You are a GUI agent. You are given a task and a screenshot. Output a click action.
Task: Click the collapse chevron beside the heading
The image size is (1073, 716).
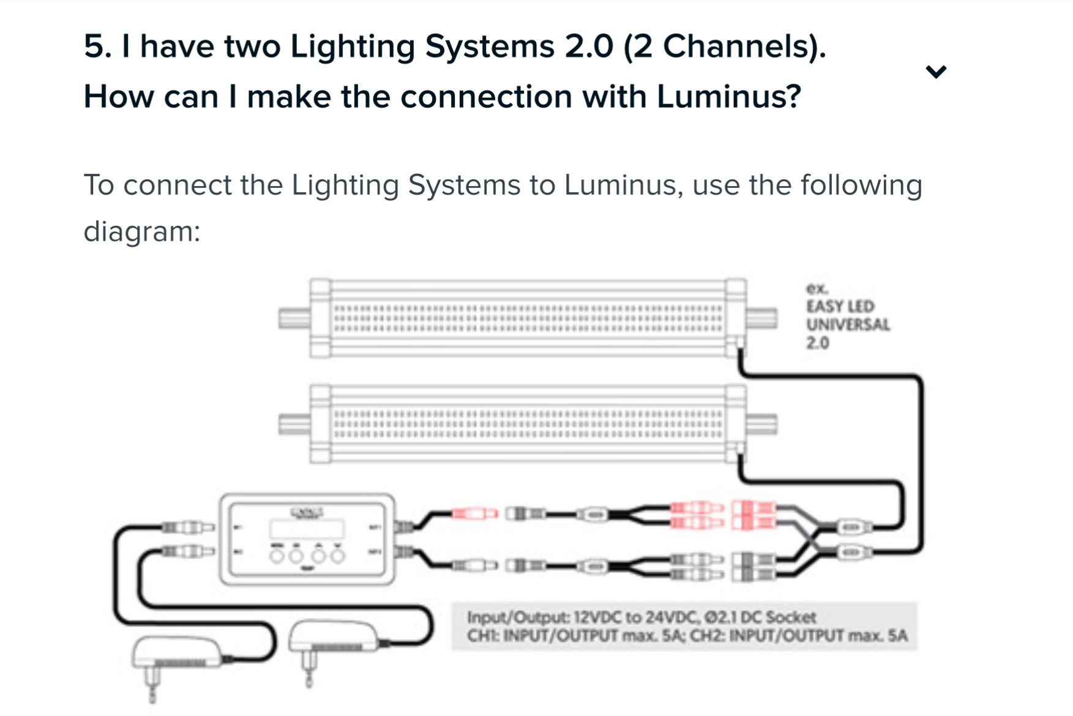[x=936, y=72]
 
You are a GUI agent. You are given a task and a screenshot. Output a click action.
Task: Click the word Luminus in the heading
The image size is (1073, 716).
[x=728, y=97]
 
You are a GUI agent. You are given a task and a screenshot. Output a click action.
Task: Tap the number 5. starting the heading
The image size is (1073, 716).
[x=98, y=47]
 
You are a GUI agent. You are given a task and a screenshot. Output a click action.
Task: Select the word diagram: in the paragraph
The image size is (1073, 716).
[x=142, y=232]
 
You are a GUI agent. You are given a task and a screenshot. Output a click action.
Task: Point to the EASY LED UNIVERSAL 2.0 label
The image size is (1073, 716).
[x=847, y=316]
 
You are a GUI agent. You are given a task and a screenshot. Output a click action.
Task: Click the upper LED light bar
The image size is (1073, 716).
[x=528, y=318]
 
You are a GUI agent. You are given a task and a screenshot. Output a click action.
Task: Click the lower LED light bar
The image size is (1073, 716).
[x=528, y=423]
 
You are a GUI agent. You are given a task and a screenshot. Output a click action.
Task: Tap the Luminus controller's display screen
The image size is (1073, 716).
[x=307, y=528]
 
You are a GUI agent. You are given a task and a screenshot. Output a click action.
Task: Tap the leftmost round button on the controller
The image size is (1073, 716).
[x=277, y=555]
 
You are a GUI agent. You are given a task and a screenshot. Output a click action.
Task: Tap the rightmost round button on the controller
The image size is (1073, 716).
[x=337, y=555]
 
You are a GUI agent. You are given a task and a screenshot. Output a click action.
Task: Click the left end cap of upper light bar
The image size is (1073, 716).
[x=294, y=318]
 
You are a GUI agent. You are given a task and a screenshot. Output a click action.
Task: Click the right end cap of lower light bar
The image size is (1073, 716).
[x=761, y=423]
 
